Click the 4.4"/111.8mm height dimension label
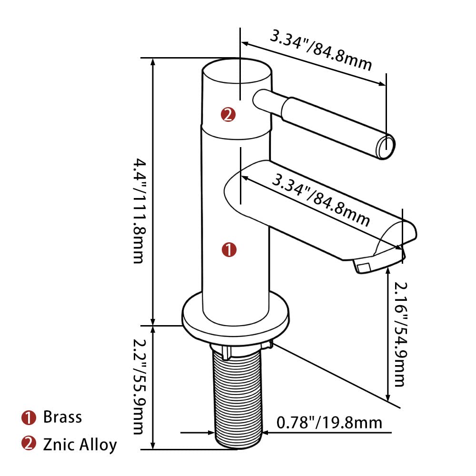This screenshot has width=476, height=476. (x=139, y=210)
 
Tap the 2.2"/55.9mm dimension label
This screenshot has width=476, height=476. (x=139, y=386)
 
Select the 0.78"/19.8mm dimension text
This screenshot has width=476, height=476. (x=329, y=423)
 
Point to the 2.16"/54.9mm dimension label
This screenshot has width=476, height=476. (x=400, y=334)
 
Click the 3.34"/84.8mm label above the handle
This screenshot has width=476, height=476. (x=321, y=50)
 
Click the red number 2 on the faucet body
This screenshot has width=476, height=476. (x=228, y=114)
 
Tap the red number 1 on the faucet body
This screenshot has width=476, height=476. (x=229, y=249)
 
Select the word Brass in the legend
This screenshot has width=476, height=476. (x=62, y=417)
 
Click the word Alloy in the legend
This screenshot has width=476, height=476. (x=99, y=445)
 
